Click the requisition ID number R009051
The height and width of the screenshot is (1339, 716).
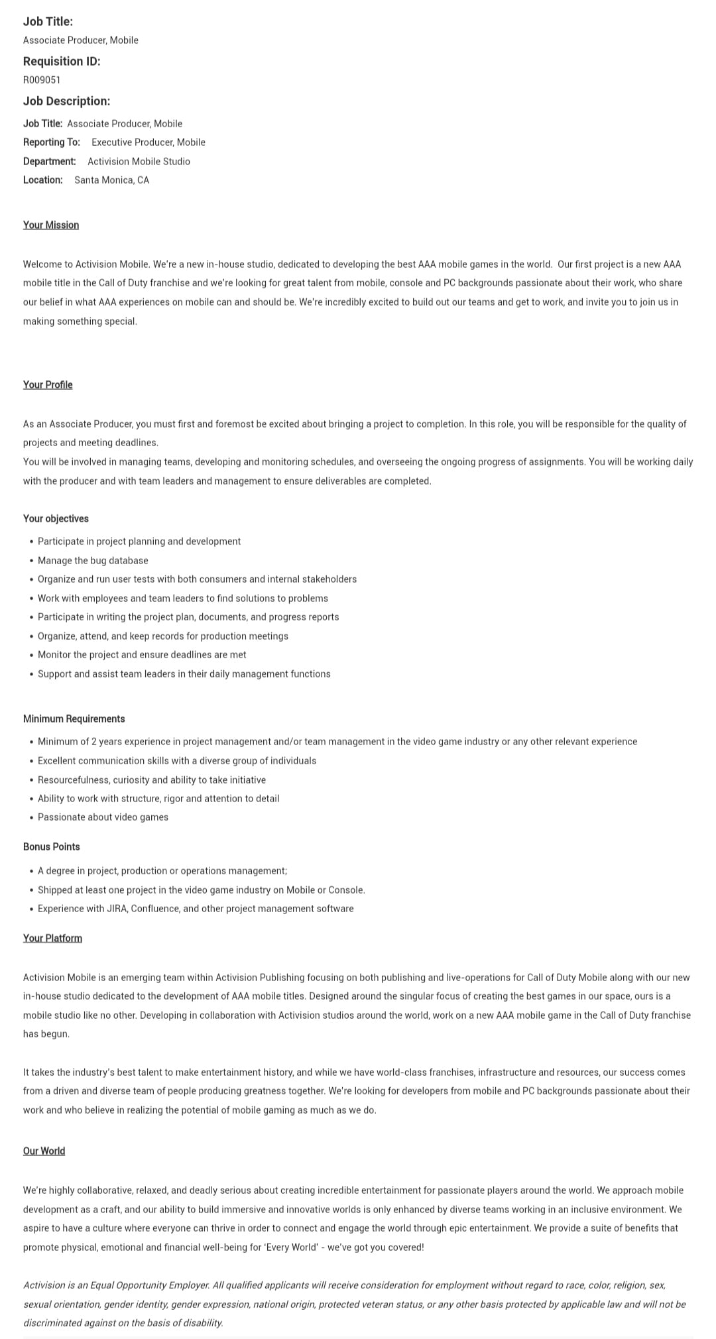click(42, 80)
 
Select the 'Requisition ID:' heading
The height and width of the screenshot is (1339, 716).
click(62, 62)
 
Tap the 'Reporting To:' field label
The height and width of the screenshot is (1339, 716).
click(52, 143)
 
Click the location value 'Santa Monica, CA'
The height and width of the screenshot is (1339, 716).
click(111, 180)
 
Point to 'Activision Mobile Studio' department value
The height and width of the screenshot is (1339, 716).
click(139, 162)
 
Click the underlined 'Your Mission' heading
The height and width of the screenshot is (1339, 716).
click(51, 225)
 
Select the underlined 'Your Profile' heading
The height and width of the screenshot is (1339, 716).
click(48, 385)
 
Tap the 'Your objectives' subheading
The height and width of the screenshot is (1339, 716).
click(56, 519)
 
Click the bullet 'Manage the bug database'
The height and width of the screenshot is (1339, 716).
click(93, 561)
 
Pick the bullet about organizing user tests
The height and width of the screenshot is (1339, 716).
click(197, 579)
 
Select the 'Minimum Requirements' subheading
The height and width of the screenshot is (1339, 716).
click(74, 719)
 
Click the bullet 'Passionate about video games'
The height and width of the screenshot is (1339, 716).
click(103, 817)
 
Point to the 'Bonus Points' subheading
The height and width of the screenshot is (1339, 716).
click(51, 847)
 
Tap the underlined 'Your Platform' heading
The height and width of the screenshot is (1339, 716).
click(52, 939)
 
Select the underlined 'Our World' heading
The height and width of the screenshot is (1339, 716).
click(44, 1151)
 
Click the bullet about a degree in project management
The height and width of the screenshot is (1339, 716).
click(162, 871)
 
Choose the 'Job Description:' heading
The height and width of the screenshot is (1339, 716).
click(66, 101)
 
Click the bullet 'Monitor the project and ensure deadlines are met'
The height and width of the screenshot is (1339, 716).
click(142, 655)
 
